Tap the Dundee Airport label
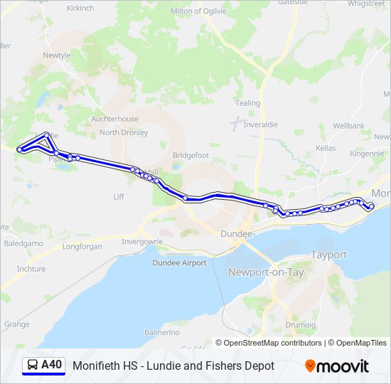[x=179, y=263]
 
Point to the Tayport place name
[x=328, y=255]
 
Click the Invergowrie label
[x=142, y=241]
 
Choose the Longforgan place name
[x=82, y=247]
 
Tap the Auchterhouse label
[x=114, y=119]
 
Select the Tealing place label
[x=247, y=103]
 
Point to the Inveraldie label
[x=264, y=124]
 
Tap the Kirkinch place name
[x=80, y=8]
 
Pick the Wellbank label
[x=348, y=126]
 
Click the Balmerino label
[x=161, y=332]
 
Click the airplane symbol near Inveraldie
[x=235, y=122]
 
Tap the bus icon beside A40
[x=32, y=366]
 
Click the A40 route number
[x=52, y=366]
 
